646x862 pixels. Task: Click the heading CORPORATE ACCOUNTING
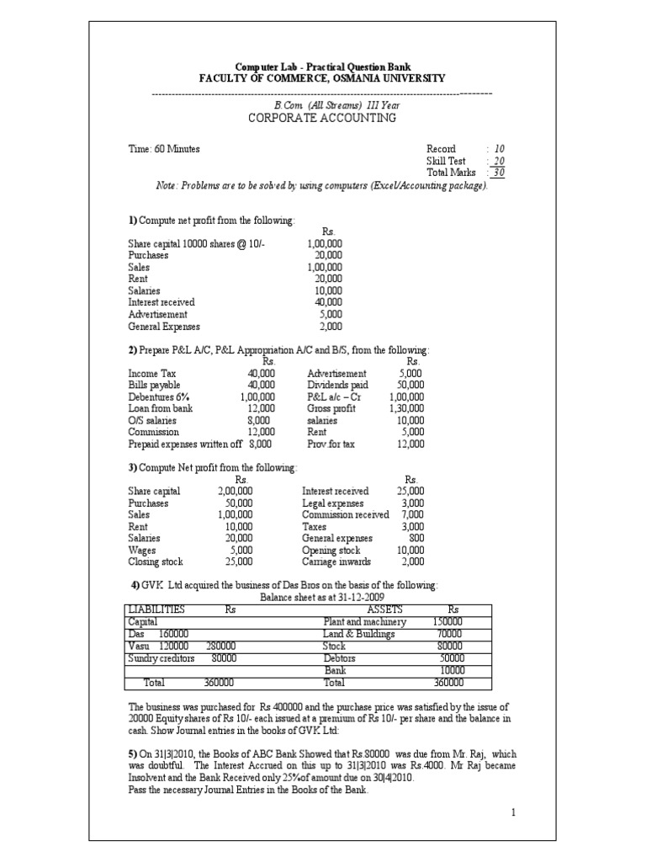click(321, 118)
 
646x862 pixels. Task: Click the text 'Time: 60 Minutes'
click(164, 149)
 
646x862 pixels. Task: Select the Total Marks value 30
click(499, 173)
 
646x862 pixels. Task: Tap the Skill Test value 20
click(499, 161)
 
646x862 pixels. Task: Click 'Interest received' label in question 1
click(161, 301)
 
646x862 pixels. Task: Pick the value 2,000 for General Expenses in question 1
click(330, 327)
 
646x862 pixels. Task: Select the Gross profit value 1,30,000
click(406, 408)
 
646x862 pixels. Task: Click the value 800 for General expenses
click(416, 538)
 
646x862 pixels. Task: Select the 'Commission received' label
click(345, 514)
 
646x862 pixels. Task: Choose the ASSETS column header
click(385, 609)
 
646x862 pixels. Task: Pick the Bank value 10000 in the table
click(453, 670)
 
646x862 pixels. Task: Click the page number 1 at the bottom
click(512, 813)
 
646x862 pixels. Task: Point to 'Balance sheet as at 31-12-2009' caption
click(310, 597)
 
